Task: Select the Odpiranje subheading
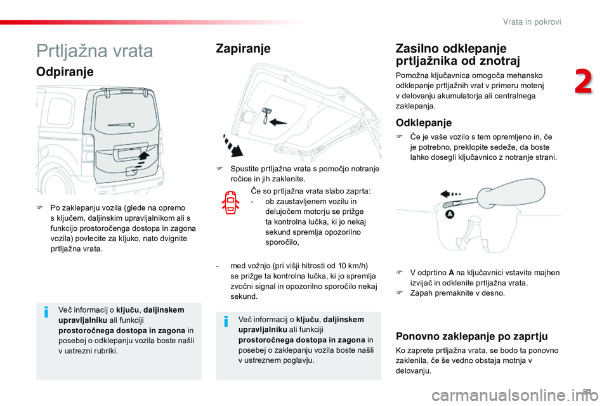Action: [x=65, y=72]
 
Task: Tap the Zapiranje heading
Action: [x=243, y=48]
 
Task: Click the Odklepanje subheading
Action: [x=423, y=122]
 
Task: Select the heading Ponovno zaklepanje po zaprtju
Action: [x=471, y=336]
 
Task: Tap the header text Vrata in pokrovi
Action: [x=532, y=22]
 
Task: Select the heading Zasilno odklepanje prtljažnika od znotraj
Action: [x=457, y=55]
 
